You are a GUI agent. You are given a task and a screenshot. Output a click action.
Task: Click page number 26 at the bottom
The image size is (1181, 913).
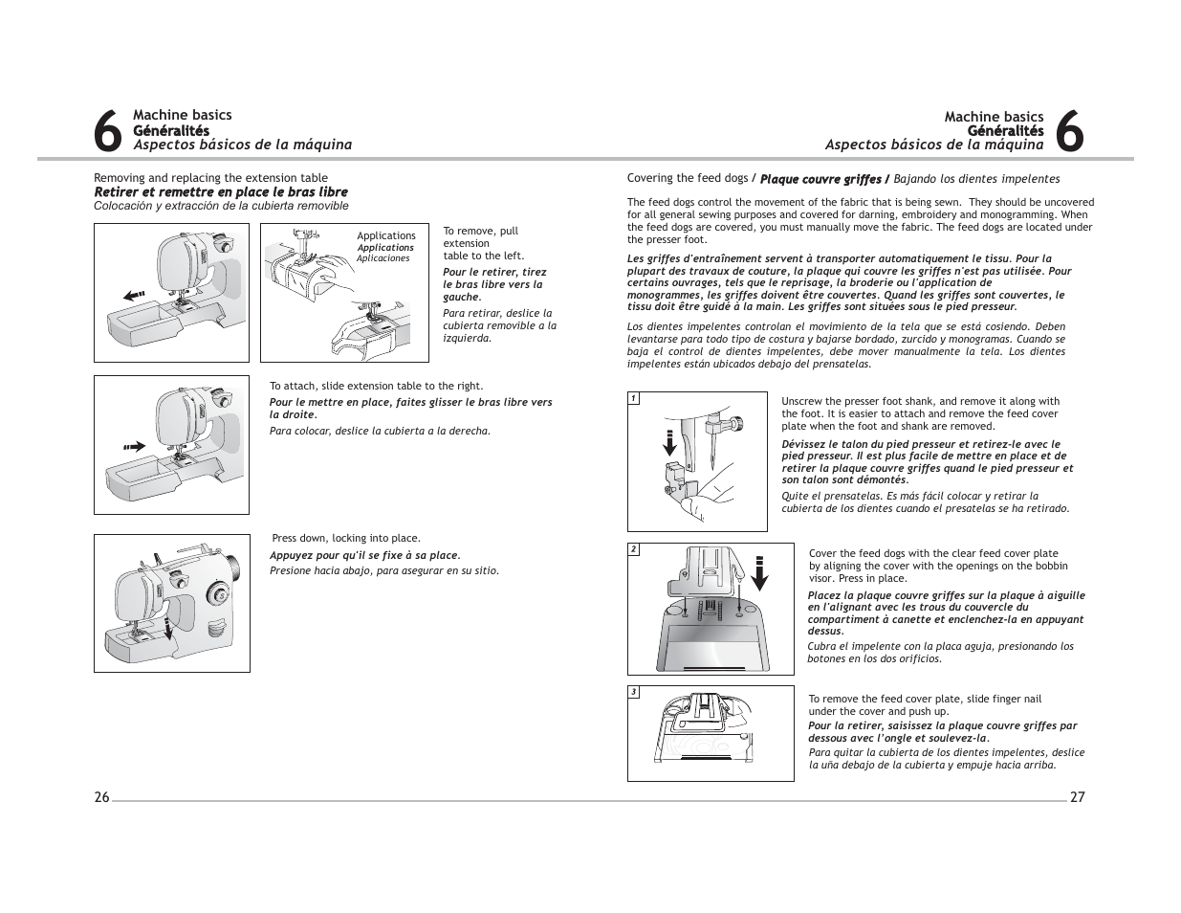tap(101, 798)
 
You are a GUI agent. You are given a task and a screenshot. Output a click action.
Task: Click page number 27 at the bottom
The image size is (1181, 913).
tap(1077, 798)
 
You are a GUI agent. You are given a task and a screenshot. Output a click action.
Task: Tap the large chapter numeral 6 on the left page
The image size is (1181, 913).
tap(109, 132)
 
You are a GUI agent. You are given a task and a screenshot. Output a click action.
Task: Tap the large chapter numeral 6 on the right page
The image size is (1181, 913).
tap(1071, 132)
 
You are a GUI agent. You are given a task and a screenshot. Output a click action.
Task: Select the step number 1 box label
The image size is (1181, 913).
tap(633, 398)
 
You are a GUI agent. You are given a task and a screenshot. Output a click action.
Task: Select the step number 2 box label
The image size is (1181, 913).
tap(633, 549)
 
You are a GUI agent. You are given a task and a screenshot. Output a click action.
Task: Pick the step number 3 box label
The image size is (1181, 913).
tap(633, 692)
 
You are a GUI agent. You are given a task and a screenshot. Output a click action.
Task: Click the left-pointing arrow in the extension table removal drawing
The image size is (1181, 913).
tap(135, 295)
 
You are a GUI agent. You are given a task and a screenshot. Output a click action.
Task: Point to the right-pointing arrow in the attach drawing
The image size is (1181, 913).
tap(133, 446)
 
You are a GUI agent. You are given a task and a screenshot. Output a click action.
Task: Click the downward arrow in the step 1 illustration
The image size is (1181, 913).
tap(670, 447)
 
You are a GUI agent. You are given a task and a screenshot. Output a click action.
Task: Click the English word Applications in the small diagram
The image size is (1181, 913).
tap(386, 235)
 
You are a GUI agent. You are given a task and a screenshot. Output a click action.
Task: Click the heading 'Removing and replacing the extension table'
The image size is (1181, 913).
tap(210, 178)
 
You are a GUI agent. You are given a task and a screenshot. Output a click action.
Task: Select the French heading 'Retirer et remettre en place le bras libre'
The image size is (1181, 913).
tap(220, 192)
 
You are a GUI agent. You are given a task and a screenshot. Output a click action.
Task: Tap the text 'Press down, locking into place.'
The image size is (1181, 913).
tap(346, 538)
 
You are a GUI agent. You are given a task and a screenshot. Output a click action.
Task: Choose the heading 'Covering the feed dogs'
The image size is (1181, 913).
tap(688, 178)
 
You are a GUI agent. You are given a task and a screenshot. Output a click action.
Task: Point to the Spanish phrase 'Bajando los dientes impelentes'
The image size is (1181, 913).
tap(976, 179)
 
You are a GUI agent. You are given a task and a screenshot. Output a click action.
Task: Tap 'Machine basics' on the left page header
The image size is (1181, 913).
tap(182, 116)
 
